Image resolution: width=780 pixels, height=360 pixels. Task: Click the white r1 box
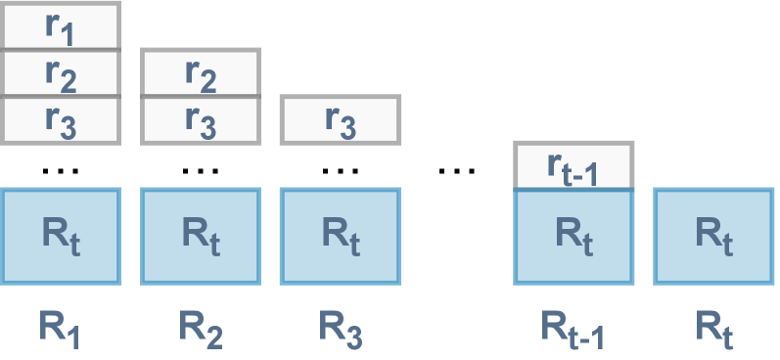coord(61,25)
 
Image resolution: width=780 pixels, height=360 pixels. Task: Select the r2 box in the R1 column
coord(61,71)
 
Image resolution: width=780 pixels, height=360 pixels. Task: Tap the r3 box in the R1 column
coord(61,119)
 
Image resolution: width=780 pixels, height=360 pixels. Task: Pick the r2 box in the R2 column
coord(201,71)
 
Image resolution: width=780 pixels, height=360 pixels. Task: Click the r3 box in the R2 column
coord(201,119)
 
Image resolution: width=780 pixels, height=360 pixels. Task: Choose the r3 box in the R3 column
coord(340,119)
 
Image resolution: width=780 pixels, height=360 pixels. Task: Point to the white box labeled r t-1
coord(574,164)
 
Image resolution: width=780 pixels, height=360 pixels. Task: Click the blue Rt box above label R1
coord(61,236)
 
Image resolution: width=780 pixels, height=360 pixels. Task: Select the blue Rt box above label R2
coord(201,236)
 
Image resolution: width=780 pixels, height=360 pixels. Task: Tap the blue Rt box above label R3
coord(340,236)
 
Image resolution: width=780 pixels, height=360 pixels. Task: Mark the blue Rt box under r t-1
coord(574,236)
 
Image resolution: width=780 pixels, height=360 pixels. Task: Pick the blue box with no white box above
coord(712,236)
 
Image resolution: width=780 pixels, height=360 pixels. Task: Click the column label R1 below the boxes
coord(61,328)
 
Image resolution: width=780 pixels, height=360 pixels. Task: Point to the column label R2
coord(201,328)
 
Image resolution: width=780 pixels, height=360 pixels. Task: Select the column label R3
coord(340,328)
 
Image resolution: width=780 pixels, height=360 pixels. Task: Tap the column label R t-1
coord(574,328)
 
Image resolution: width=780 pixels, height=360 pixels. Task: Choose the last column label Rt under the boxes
coord(712,328)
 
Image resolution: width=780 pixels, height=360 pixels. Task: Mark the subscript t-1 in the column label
coord(588,337)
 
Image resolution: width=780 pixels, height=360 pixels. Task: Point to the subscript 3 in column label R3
coord(354,337)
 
